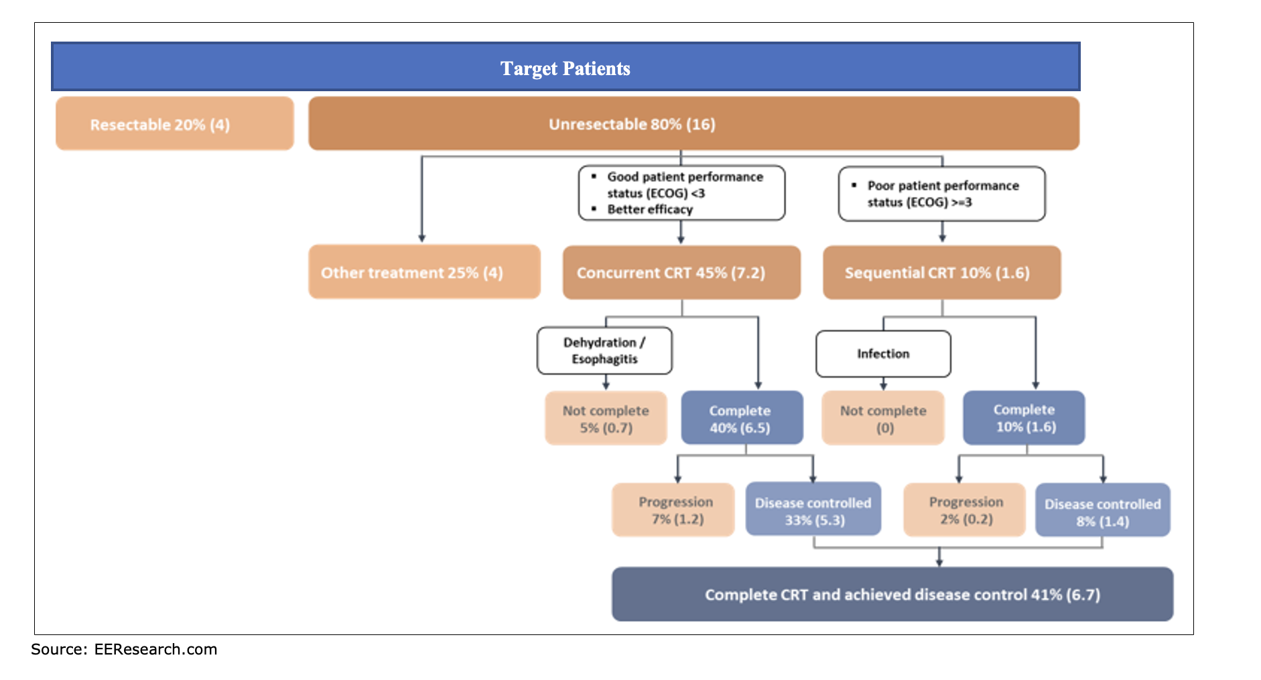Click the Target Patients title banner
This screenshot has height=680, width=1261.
[565, 68]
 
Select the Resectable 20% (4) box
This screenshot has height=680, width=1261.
[174, 124]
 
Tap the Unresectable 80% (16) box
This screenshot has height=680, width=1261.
[693, 124]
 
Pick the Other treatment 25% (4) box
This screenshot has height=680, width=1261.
[423, 272]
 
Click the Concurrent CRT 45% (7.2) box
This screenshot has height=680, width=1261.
[681, 272]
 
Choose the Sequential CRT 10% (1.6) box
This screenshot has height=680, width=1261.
[941, 272]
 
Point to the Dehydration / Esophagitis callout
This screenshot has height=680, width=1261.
[604, 351]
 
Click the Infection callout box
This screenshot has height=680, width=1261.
[883, 354]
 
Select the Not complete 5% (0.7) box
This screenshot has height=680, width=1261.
[606, 418]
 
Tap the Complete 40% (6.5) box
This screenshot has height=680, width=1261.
[741, 418]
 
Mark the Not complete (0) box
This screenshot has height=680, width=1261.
[883, 418]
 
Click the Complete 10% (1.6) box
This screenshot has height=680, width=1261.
[1024, 418]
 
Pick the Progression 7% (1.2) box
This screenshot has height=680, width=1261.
[673, 510]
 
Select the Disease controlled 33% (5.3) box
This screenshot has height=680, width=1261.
[813, 510]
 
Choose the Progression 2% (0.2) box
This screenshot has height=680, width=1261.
[964, 510]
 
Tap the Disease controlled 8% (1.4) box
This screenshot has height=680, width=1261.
[1102, 511]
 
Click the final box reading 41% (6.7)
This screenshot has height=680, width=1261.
[892, 594]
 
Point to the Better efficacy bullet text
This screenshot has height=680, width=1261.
[650, 209]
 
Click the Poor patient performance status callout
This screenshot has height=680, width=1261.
[941, 194]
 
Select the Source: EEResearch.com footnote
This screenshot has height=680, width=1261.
[124, 649]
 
